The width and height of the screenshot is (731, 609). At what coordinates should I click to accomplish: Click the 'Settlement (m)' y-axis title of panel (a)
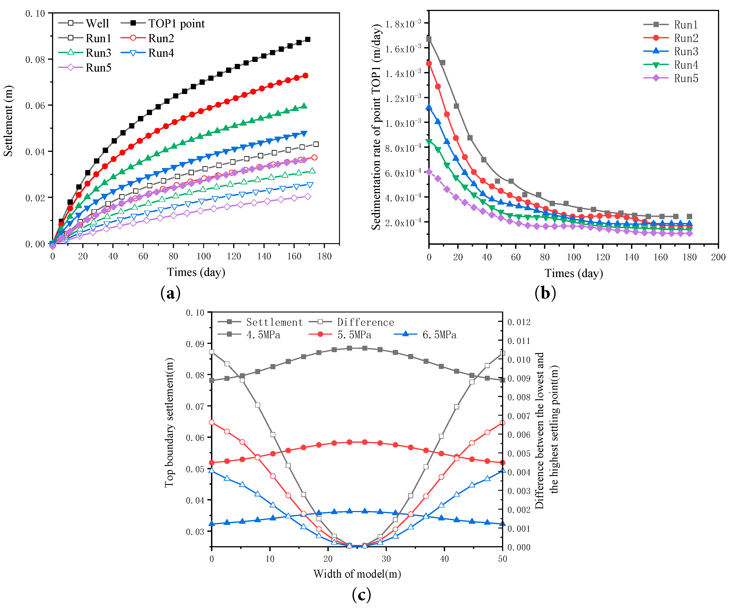pos(8,121)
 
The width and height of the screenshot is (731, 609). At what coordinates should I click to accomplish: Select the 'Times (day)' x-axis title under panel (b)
pos(574,273)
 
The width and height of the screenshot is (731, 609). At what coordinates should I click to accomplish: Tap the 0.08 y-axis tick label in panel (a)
pos(35,59)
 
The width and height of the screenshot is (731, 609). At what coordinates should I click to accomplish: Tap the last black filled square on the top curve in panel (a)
pos(308,39)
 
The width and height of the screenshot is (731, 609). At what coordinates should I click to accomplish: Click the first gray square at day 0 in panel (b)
pos(429,39)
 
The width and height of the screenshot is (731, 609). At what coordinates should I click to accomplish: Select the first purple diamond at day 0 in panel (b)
pos(429,172)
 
